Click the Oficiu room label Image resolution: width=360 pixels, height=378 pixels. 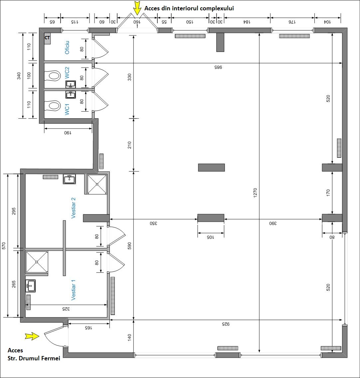[67, 47]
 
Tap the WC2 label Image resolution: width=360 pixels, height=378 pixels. [67, 73]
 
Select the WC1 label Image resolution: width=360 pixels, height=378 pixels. [67, 109]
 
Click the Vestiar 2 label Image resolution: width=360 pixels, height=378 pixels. [73, 208]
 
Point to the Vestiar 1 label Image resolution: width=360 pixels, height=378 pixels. [73, 290]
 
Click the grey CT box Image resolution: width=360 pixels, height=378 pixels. [47, 39]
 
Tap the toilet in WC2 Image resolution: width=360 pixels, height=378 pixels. [53, 76]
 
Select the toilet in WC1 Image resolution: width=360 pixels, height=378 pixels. [53, 106]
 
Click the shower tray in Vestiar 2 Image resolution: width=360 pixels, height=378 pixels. [97, 184]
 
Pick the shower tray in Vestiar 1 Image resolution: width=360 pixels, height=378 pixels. [37, 262]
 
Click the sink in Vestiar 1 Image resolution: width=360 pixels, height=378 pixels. [30, 286]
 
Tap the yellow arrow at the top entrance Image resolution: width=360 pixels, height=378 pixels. [137, 8]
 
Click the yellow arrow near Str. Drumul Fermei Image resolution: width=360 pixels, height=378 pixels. [32, 336]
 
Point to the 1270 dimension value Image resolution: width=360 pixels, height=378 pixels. [255, 193]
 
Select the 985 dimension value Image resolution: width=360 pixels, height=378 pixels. [218, 67]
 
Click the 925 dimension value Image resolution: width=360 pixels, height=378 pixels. [225, 324]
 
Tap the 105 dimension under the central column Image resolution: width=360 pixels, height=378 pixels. [210, 237]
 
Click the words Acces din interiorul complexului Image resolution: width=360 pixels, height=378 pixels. [189, 8]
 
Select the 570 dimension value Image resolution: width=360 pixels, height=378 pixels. [4, 246]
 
